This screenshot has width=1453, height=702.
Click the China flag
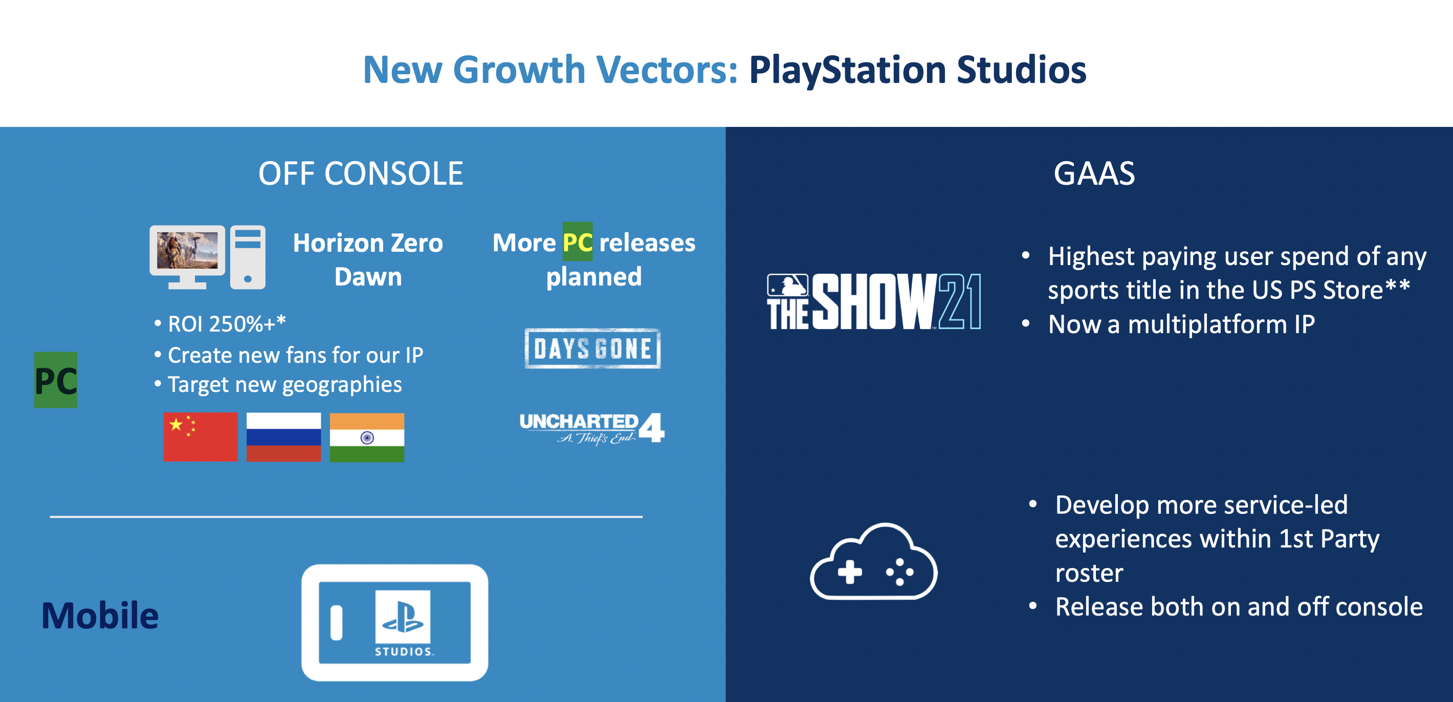pos(200,437)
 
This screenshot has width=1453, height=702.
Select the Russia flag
pos(284,437)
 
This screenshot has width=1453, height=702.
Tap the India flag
pos(367,437)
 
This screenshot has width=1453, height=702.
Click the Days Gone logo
pos(593,348)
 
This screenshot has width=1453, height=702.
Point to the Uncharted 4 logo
pos(592,428)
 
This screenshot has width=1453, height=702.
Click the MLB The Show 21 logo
pos(874,301)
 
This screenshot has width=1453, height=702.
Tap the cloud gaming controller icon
pos(874,561)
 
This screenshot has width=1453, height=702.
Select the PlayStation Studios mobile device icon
pos(395,622)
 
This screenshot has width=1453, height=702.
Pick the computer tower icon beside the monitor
pos(248,257)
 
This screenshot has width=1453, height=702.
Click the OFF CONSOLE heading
pos(361,173)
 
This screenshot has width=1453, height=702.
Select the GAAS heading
pos(1094,173)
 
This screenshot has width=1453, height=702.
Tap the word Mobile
pos(100,615)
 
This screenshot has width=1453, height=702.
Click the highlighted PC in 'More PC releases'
pos(578,242)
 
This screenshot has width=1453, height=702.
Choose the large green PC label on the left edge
pos(56,380)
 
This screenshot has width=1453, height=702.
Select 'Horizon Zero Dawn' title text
pos(368,259)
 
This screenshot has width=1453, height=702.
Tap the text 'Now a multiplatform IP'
pos(1182,324)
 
